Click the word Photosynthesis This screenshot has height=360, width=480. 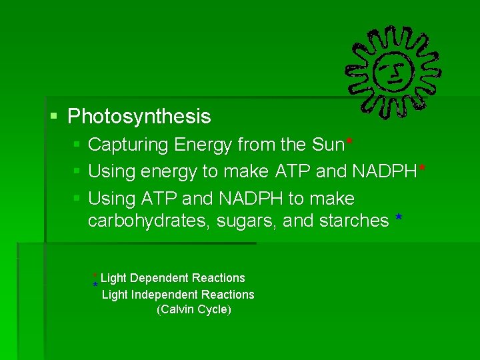click(x=139, y=117)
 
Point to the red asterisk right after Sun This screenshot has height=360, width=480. click(x=349, y=142)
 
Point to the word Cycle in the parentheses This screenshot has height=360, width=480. click(x=214, y=310)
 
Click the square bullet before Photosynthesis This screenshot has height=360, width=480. click(x=55, y=117)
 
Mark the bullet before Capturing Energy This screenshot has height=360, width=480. click(x=76, y=145)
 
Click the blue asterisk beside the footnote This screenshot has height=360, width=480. click(x=95, y=286)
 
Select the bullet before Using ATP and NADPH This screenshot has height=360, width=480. click(x=76, y=199)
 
